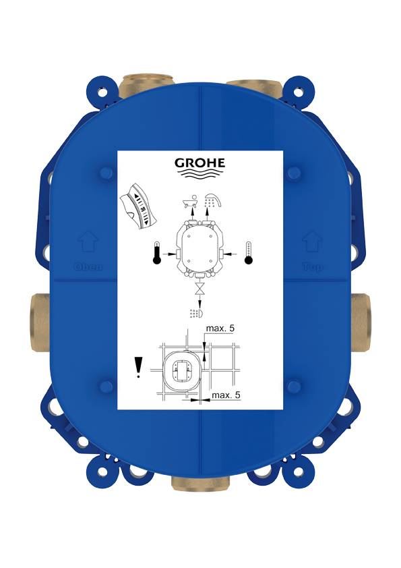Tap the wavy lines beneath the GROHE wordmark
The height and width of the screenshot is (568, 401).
[x=200, y=175]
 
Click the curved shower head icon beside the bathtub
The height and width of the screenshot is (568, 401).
[x=214, y=200]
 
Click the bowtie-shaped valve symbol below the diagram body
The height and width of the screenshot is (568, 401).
[x=199, y=291]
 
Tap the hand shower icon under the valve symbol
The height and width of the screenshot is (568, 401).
[x=197, y=314]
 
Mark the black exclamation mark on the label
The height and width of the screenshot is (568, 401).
[x=138, y=368]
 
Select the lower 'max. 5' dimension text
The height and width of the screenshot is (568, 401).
[x=226, y=395]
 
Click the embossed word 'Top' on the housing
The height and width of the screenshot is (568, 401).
[x=312, y=266]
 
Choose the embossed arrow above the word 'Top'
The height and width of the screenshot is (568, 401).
[x=312, y=242]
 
